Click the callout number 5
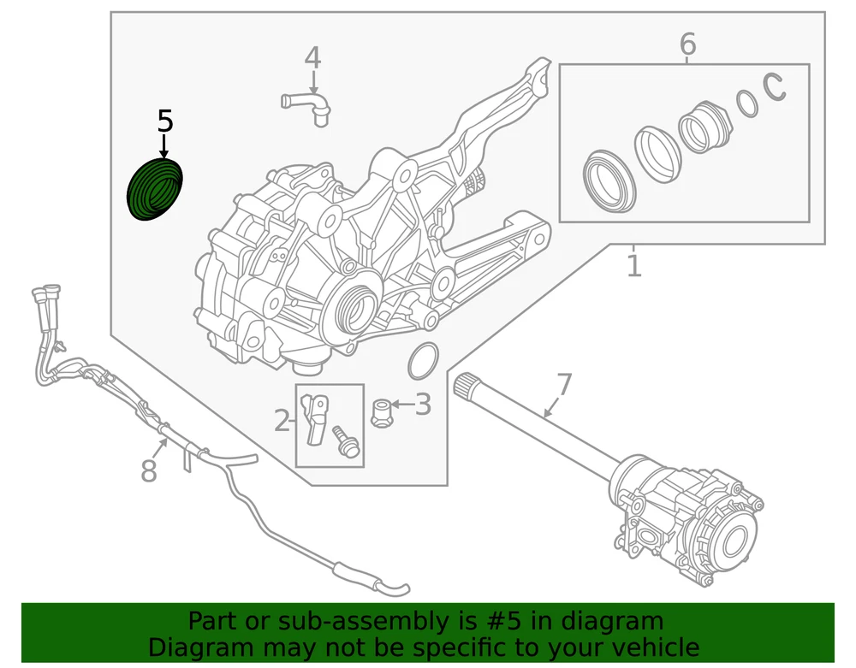pyautogui.click(x=165, y=121)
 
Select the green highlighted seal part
pyautogui.click(x=155, y=191)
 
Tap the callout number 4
pyautogui.click(x=312, y=58)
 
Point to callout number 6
pyautogui.click(x=688, y=44)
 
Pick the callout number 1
pyautogui.click(x=633, y=265)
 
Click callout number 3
pyautogui.click(x=423, y=405)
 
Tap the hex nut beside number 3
pyautogui.click(x=383, y=413)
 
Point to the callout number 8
pyautogui.click(x=149, y=470)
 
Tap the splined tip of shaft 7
pyautogui.click(x=469, y=386)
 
